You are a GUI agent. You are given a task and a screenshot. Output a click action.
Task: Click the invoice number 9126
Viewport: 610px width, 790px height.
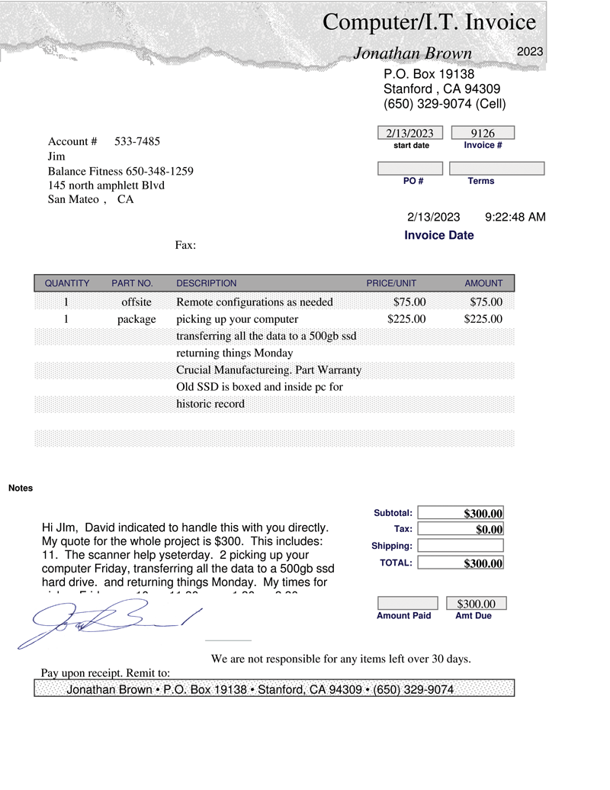point(483,133)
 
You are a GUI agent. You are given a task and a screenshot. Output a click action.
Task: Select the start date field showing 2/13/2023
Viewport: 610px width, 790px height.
point(410,133)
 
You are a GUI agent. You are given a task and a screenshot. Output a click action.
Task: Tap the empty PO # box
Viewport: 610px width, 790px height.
point(410,168)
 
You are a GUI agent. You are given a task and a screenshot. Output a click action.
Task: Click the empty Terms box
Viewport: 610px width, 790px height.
point(496,168)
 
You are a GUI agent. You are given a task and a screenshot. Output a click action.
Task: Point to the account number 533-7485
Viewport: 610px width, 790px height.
point(137,141)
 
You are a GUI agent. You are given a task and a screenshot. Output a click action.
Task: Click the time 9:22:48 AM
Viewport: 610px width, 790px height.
point(515,218)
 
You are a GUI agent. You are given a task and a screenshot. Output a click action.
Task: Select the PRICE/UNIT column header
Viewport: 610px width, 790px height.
point(391,283)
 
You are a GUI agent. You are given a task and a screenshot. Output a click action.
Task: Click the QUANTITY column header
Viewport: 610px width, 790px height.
point(67,283)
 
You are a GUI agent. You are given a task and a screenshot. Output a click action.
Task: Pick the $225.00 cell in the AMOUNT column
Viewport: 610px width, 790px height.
point(483,319)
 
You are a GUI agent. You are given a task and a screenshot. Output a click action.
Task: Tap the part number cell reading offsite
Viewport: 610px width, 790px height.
point(136,302)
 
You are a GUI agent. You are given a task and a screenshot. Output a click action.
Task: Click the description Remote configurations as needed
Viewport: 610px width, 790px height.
point(255,302)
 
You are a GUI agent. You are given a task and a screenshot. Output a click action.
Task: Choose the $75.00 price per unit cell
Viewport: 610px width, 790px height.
point(409,302)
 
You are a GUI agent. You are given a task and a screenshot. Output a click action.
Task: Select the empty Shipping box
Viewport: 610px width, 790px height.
point(461,546)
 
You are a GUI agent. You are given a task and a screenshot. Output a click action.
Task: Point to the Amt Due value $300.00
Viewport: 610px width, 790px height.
point(476,604)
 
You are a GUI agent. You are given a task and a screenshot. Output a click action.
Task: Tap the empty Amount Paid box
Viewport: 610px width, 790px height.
point(407,604)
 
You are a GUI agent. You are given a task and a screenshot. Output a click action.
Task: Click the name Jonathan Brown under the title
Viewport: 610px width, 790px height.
point(413,53)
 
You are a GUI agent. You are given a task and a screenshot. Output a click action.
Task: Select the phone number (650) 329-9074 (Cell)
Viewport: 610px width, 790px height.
point(445,104)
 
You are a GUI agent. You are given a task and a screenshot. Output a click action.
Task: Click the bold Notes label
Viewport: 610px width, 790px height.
point(21,488)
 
